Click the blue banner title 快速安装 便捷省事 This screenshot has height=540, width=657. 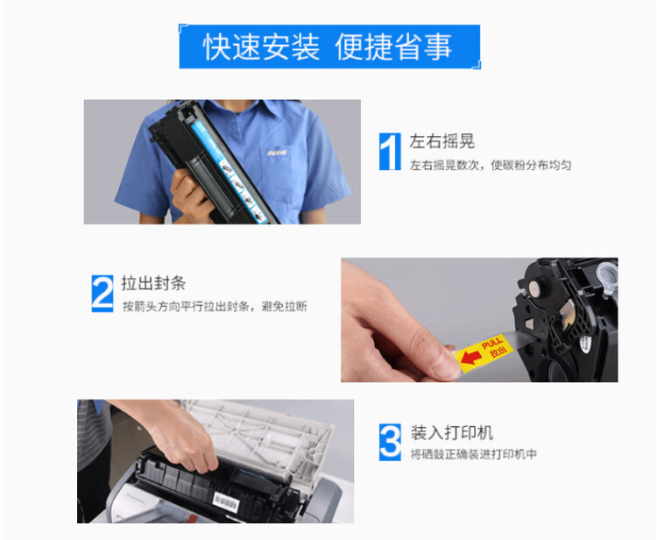pos(328,46)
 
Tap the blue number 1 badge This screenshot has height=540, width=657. pos(388,151)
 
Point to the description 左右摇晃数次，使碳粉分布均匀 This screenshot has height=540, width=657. pos(490,165)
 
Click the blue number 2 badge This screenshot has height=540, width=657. pos(102,293)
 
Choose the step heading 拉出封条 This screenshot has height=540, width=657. pos(153,283)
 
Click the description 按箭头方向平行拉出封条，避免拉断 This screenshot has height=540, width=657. pos(214,307)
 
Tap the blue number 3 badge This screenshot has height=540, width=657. pos(389,442)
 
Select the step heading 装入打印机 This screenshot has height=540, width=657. pos(451,433)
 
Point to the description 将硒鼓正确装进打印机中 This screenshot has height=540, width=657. pos(473,454)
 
